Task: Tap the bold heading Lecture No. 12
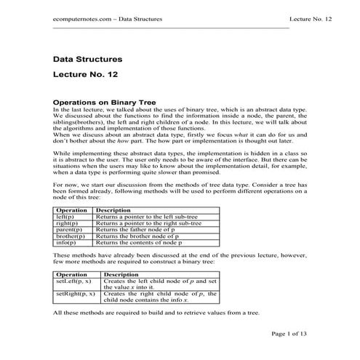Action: click(85, 75)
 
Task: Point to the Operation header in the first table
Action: click(72, 209)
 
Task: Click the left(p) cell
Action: click(65, 216)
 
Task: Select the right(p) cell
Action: click(67, 223)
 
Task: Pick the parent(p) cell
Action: click(69, 229)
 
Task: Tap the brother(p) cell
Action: click(71, 236)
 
